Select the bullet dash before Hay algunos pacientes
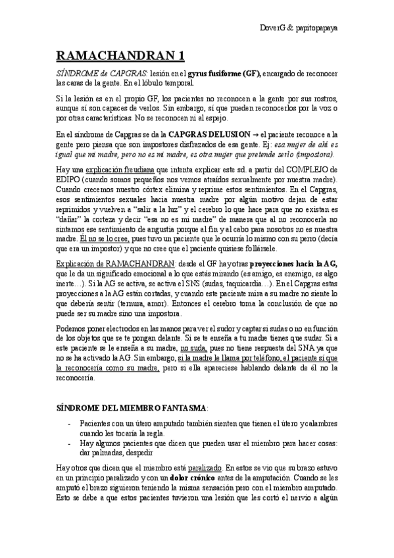(70, 444)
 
